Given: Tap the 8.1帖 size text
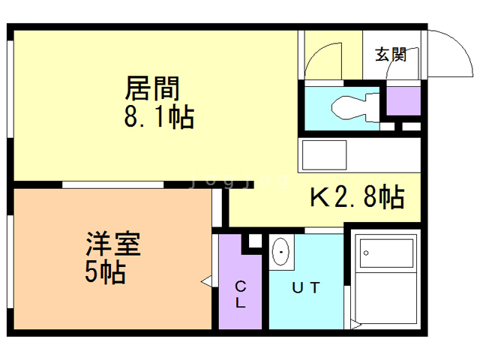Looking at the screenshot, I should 159,118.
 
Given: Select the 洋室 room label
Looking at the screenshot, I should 112,244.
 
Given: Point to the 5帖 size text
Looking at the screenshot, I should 104,271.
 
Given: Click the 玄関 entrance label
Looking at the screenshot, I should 391,54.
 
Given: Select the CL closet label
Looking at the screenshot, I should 241,294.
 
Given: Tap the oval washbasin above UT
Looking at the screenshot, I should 282,253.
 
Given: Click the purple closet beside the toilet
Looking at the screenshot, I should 403,101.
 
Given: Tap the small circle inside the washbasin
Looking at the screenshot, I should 282,253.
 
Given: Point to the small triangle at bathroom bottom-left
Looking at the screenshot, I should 358,325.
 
